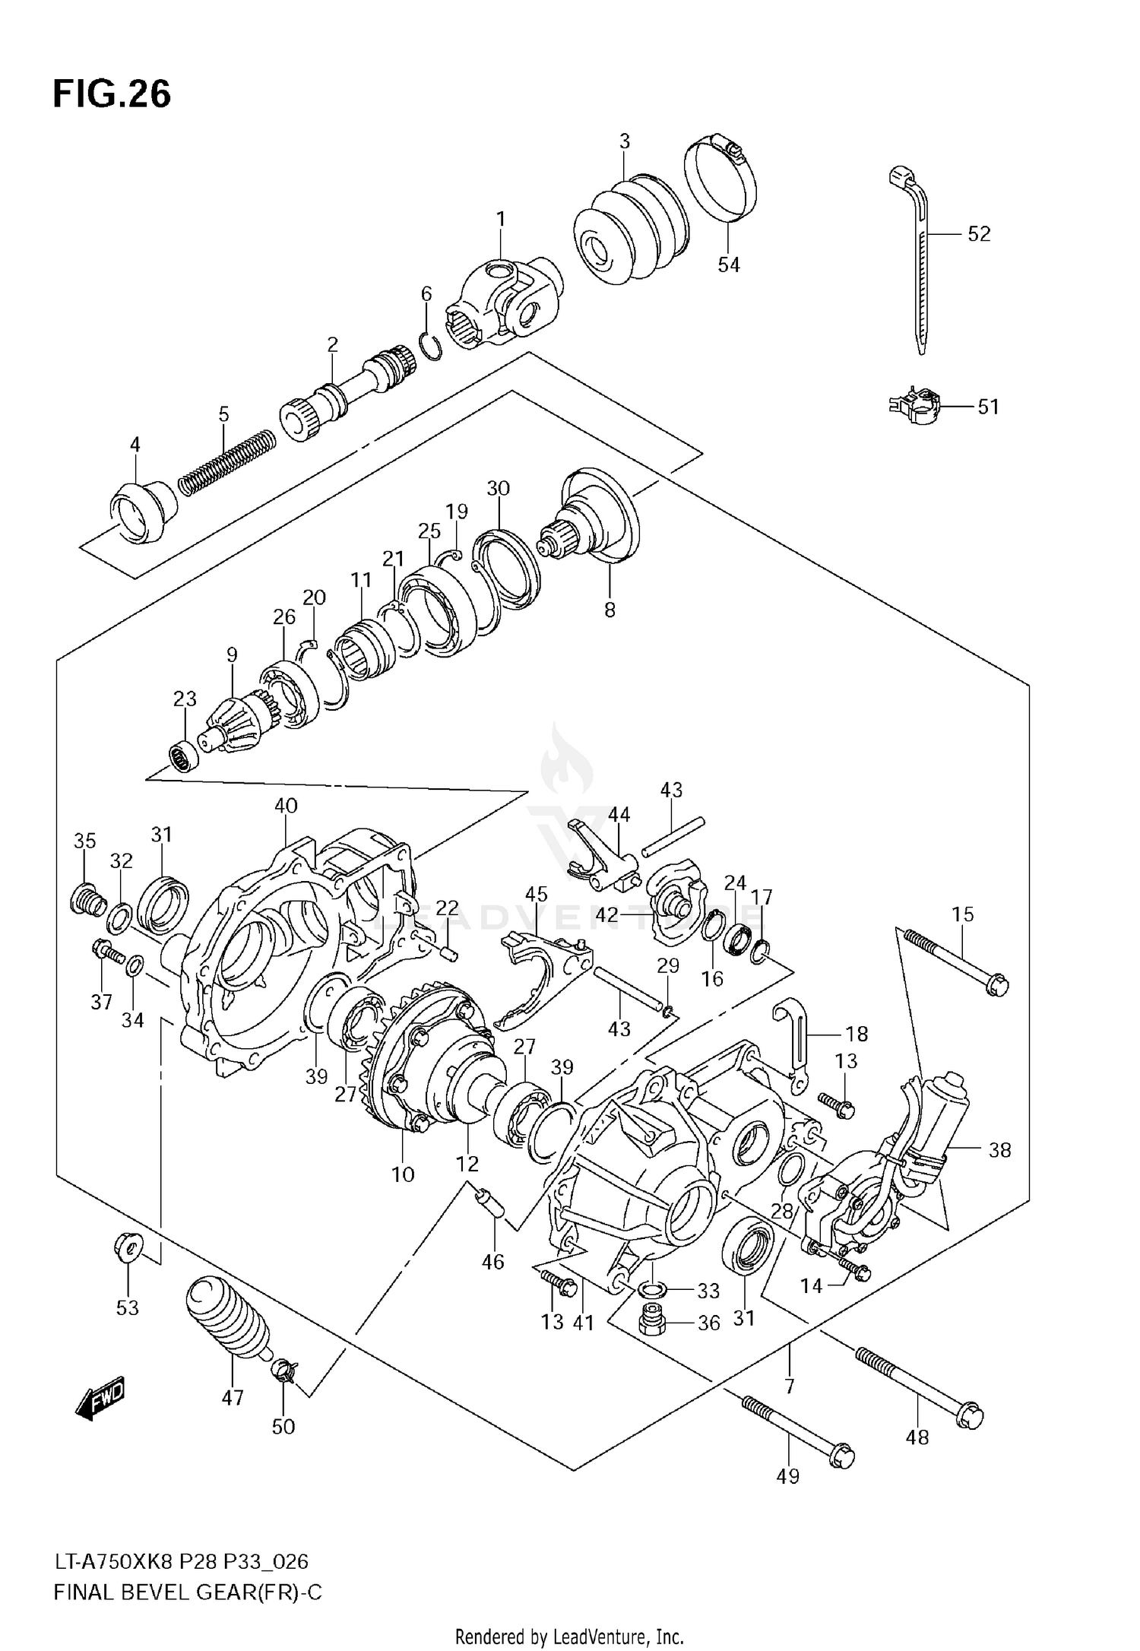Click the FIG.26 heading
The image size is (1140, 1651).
pos(112,94)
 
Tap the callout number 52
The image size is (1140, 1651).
pos(979,234)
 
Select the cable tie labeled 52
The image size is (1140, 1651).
pos(915,258)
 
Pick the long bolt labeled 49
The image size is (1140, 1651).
pos(798,1428)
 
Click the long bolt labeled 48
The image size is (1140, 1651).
pos(920,1383)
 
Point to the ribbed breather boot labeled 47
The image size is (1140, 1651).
pos(226,1323)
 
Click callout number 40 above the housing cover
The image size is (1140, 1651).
pos(286,806)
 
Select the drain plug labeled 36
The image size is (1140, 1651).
pos(652,1322)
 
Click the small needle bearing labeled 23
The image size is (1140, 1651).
pos(183,756)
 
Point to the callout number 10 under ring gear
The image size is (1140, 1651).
pos(403,1174)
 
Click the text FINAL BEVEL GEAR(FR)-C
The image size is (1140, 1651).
pos(188,1592)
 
